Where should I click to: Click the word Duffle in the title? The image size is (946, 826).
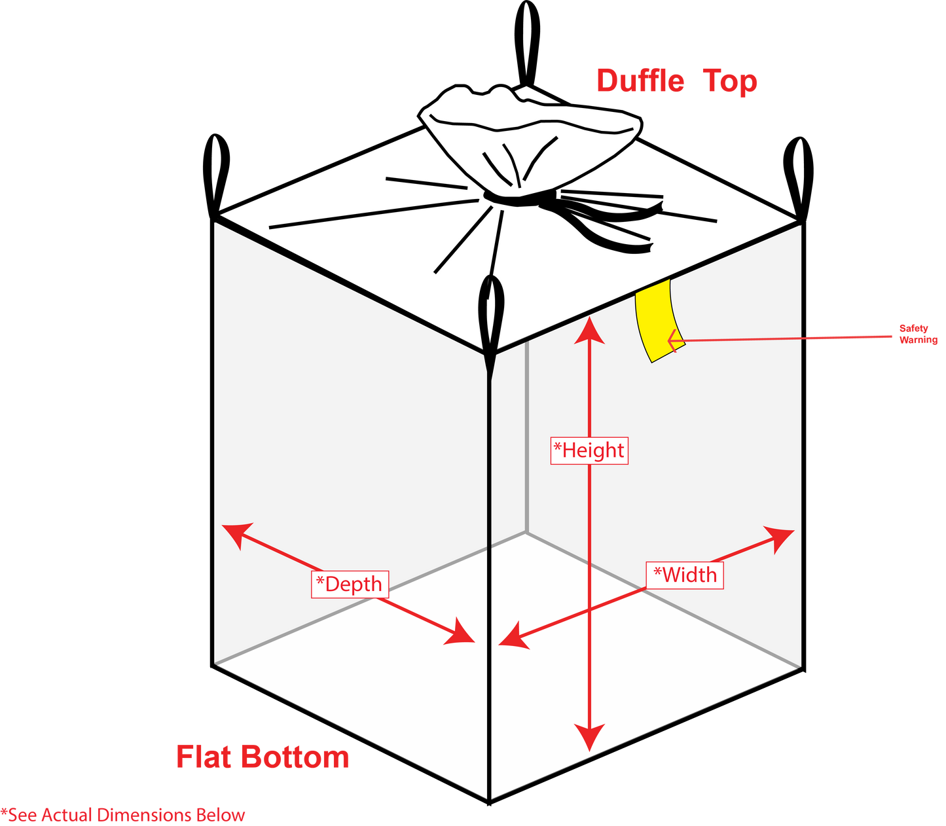pos(640,81)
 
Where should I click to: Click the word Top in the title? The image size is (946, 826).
pos(730,81)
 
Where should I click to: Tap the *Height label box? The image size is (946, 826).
pos(589,450)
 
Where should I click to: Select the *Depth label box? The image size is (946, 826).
pos(350,584)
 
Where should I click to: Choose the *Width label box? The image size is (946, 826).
pos(685,575)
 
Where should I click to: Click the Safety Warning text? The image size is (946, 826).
pos(919,334)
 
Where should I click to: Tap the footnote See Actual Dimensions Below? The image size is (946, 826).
pos(122,814)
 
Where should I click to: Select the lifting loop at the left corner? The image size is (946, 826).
pos(215,175)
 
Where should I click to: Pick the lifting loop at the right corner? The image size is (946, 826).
pos(799,179)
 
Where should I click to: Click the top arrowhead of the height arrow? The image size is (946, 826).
pos(589,330)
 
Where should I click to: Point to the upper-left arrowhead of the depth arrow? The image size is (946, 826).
pos(237,534)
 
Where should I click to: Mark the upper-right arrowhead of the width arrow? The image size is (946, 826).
pos(780,537)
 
